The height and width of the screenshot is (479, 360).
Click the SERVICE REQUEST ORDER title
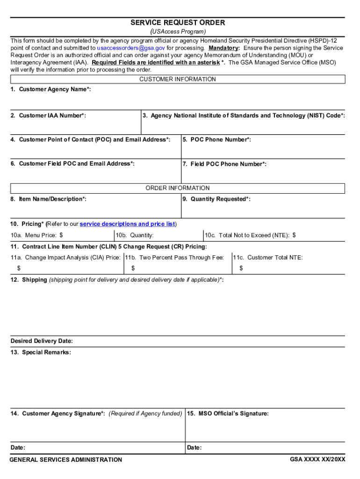(x=178, y=22)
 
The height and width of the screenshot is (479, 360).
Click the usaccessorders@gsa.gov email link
(x=131, y=48)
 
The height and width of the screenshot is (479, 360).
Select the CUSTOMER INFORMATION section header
(x=178, y=80)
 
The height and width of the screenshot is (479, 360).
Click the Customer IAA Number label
(x=48, y=116)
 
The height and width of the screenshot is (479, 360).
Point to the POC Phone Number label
(x=217, y=139)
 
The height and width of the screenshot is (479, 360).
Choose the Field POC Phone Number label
(x=224, y=164)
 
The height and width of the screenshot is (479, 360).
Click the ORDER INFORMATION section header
(x=178, y=188)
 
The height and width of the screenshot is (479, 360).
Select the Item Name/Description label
(x=48, y=199)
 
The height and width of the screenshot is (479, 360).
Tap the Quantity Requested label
(x=216, y=199)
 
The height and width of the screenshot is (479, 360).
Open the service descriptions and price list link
(x=127, y=224)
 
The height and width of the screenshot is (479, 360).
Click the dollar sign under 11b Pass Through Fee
(x=133, y=269)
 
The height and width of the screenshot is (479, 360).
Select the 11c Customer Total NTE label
(x=268, y=258)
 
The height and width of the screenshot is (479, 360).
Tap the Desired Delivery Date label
(x=42, y=341)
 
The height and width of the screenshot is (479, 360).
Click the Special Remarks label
(x=41, y=352)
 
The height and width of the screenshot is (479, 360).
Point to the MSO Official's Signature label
(x=228, y=414)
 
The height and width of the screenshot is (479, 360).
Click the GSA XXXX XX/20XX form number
(x=317, y=459)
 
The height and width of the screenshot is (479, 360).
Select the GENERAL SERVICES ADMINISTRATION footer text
(x=66, y=460)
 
